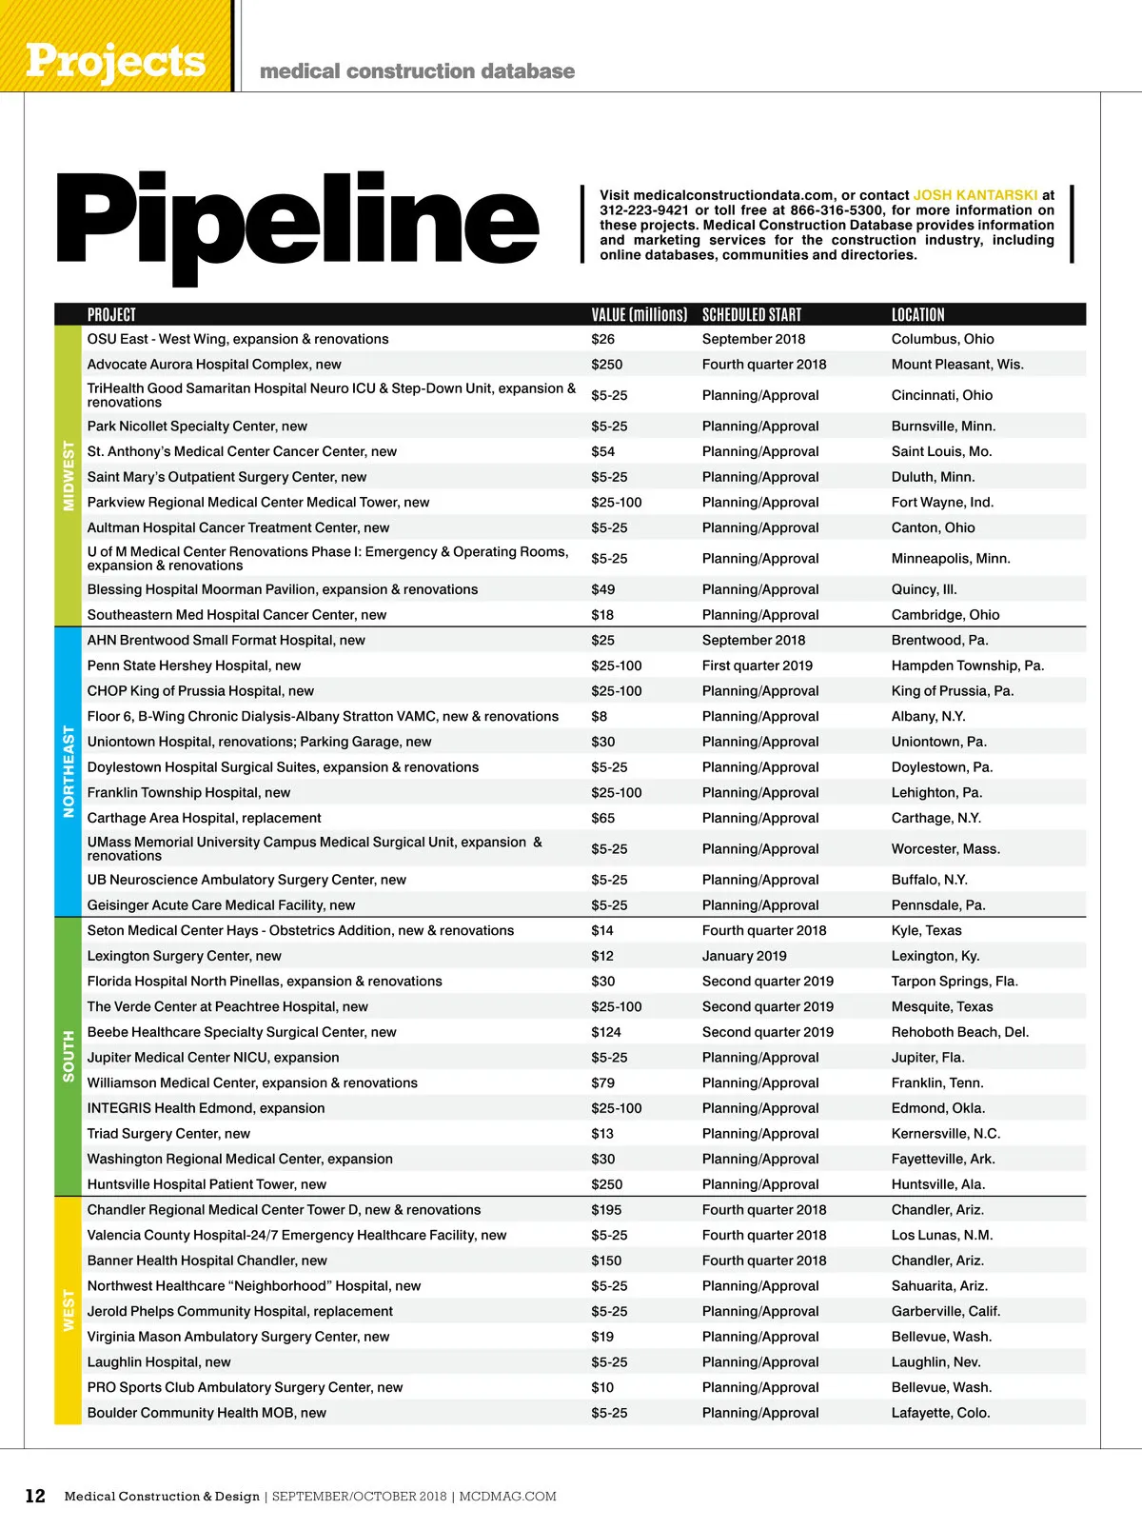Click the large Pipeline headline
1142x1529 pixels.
(x=297, y=221)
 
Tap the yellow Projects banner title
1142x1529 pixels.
(x=115, y=61)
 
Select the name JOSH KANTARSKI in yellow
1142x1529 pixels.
(x=975, y=195)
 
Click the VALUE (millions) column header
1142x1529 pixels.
(x=639, y=315)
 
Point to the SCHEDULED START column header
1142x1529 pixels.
(x=751, y=315)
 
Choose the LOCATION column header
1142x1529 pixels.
(x=917, y=315)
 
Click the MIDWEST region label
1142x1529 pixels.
(x=69, y=475)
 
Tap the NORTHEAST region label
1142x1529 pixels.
(x=69, y=771)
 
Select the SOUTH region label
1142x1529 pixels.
(x=69, y=1056)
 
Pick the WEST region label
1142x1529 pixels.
(x=69, y=1310)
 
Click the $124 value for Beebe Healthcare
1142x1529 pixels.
(x=605, y=1032)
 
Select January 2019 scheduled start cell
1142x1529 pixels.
(x=743, y=956)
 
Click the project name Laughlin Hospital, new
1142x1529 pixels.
(x=159, y=1362)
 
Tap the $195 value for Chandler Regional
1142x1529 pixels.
(x=605, y=1210)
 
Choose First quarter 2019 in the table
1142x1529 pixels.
(x=757, y=665)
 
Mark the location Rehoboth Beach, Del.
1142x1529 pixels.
(x=959, y=1032)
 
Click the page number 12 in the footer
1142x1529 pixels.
(x=35, y=1496)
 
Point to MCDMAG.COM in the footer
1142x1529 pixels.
(x=507, y=1497)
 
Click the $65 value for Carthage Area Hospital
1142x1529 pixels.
(x=602, y=818)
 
